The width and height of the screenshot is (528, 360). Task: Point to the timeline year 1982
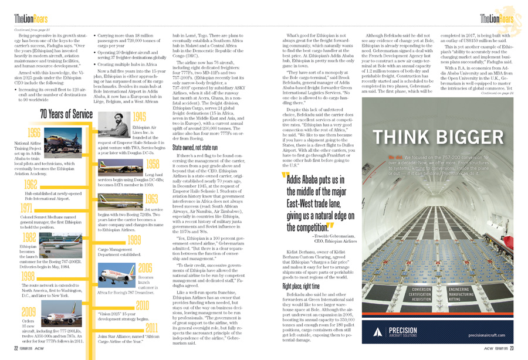pos(28,237)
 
